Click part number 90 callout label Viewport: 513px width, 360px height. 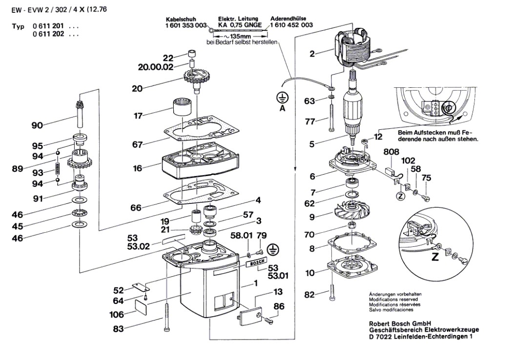(x=37, y=125)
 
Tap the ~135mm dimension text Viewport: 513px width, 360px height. (x=238, y=36)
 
